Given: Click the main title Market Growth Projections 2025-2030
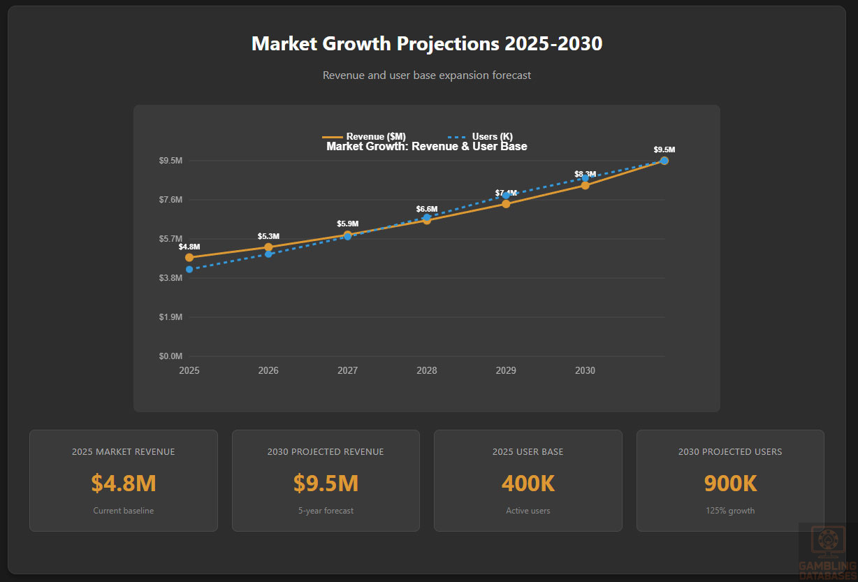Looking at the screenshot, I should click(x=426, y=44).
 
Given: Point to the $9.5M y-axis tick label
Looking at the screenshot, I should click(x=171, y=161).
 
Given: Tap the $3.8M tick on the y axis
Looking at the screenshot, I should click(x=171, y=278).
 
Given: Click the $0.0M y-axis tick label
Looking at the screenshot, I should click(x=171, y=356).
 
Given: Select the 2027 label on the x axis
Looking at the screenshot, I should click(x=347, y=370).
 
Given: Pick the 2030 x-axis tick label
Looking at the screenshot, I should click(x=585, y=370).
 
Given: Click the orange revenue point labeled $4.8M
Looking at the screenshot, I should click(x=189, y=258).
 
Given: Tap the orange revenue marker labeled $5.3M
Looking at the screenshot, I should click(x=268, y=247).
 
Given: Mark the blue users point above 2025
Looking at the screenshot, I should click(x=189, y=270).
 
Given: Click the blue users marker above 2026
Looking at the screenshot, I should click(x=268, y=254).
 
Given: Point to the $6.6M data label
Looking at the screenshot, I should click(x=426, y=209).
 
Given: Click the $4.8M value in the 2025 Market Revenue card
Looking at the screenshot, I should click(x=123, y=483).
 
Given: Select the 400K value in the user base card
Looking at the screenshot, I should click(x=528, y=483).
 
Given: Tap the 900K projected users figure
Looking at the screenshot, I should click(x=730, y=483).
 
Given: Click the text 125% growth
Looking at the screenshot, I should click(x=730, y=511).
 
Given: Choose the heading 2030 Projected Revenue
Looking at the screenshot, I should click(x=326, y=452).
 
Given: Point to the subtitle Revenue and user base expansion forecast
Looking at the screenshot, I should click(x=426, y=75).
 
